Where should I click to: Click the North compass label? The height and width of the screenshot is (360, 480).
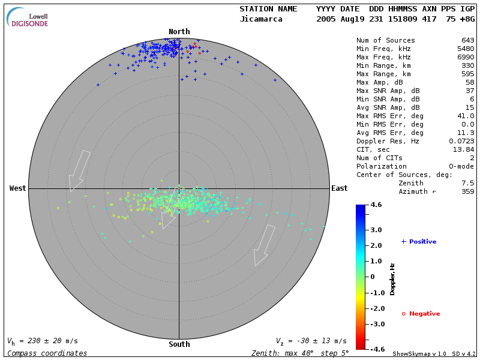tap(179, 32)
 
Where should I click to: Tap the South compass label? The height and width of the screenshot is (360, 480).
tap(179, 344)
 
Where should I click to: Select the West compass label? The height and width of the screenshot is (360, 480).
tap(17, 188)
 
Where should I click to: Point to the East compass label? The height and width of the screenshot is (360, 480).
tap(339, 188)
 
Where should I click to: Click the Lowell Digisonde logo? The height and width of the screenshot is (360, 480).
tap(28, 17)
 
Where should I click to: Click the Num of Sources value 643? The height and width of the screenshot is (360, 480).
tap(467, 41)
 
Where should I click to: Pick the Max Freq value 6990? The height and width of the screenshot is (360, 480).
tap(465, 58)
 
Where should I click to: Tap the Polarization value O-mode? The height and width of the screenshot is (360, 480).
tap(460, 166)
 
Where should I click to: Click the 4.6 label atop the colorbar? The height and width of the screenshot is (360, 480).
tap(376, 205)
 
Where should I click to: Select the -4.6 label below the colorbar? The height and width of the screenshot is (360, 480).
tap(376, 349)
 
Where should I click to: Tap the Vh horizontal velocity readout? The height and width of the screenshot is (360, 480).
tap(42, 341)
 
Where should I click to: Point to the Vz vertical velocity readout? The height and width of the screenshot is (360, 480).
tap(311, 341)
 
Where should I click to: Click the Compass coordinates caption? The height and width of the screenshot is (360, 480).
tap(47, 353)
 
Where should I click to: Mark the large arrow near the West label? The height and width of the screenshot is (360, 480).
tap(79, 170)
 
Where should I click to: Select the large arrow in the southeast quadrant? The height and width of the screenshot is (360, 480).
tap(263, 245)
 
